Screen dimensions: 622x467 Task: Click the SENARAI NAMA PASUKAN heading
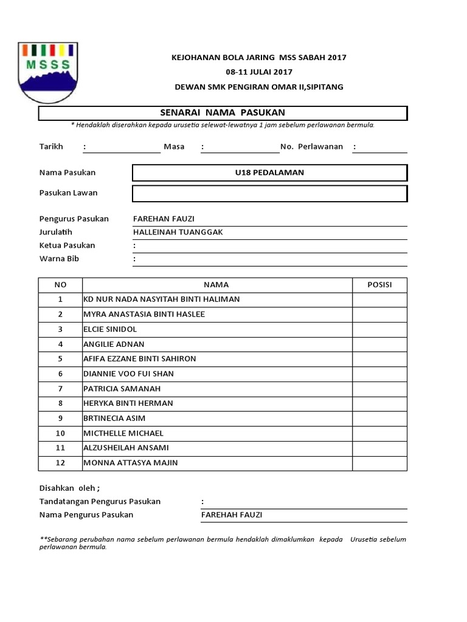[x=222, y=113]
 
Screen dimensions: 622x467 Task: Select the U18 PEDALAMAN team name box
[x=269, y=173]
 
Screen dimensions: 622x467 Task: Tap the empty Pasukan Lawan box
[x=269, y=193]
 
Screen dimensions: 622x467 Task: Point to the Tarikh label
[x=51, y=147]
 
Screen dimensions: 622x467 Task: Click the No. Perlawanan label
[x=311, y=147]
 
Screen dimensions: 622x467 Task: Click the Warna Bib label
[x=59, y=259]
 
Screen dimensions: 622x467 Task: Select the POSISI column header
[x=379, y=285]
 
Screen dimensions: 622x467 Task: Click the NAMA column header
[x=216, y=285]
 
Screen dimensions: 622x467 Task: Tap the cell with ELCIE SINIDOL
[x=110, y=329]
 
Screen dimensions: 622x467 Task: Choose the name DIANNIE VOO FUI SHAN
[x=128, y=374]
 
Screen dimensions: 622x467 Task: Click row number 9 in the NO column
[x=60, y=419]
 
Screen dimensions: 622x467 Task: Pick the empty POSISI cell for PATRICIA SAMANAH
[x=379, y=389]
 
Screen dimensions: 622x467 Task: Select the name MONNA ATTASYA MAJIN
[x=130, y=463]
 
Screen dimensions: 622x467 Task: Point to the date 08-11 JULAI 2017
[x=259, y=72]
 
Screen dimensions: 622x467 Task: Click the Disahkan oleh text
[x=69, y=488]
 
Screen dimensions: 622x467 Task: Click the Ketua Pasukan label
[x=67, y=245]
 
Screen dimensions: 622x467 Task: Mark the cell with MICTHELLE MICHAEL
[x=123, y=433]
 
